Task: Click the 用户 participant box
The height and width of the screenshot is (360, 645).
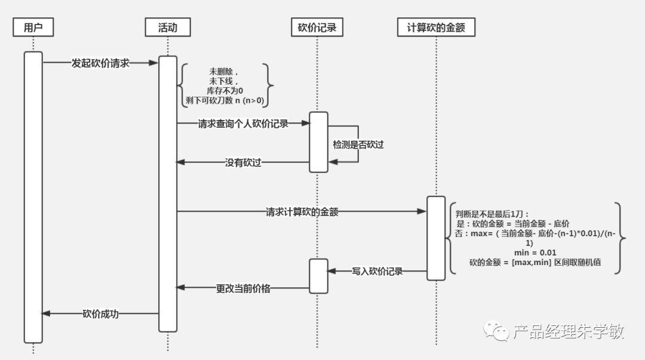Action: pos(33,27)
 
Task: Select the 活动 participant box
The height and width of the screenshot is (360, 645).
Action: pos(168,27)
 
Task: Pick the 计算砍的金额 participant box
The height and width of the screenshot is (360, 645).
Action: pos(436,27)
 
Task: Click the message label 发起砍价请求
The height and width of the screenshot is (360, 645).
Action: pos(100,63)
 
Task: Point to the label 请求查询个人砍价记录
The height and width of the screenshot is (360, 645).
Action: pos(243,124)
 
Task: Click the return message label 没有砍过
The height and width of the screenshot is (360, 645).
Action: pos(243,162)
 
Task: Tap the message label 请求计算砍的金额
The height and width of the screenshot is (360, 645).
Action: pos(302,211)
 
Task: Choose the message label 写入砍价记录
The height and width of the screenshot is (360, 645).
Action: pos(377,271)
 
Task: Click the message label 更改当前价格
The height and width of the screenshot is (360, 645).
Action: pos(243,288)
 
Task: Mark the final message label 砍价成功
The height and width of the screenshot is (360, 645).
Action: pos(100,313)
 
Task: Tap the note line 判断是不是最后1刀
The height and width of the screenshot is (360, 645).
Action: pos(492,214)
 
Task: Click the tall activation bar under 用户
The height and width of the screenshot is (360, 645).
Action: pos(33,197)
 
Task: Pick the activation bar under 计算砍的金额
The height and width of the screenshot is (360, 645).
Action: pos(436,238)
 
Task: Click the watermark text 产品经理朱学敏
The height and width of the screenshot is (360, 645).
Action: pos(568,331)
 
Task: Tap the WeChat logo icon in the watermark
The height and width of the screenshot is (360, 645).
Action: pos(497,330)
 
